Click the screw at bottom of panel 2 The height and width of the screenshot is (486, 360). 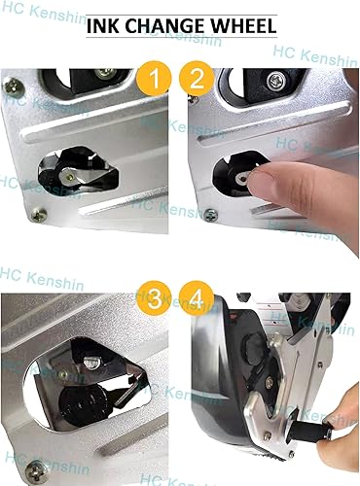click(x=210, y=214)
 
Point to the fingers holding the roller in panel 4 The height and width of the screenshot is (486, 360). click(x=341, y=428)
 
